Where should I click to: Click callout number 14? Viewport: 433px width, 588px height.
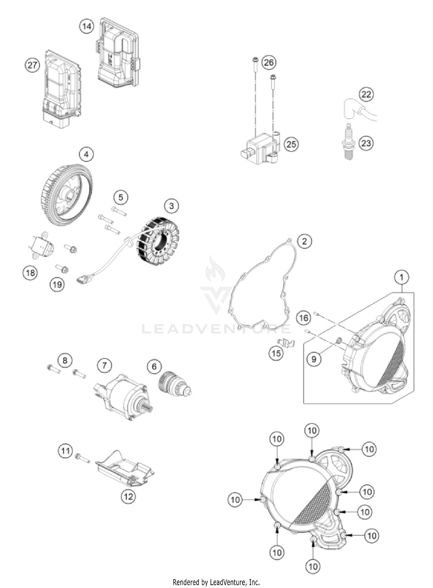tap(87, 27)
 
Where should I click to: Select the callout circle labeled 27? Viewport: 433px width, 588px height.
tap(32, 65)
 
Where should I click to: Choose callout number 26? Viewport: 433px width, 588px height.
tap(269, 62)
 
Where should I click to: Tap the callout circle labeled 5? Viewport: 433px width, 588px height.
tap(121, 197)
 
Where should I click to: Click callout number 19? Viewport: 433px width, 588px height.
tap(57, 284)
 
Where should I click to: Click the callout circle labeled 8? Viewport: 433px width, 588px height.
tap(65, 360)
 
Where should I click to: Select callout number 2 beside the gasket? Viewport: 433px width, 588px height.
tap(305, 241)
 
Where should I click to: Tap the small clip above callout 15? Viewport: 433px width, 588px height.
tap(286, 343)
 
